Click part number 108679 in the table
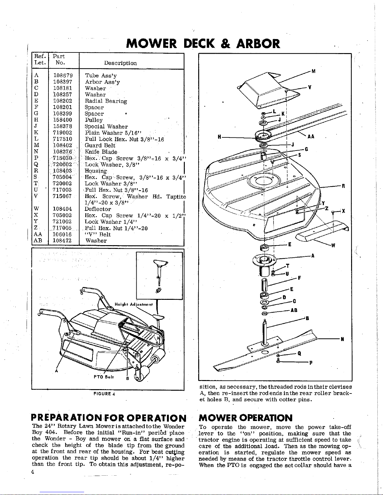point(63,76)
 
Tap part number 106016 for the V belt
point(63,234)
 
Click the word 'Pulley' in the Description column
point(94,120)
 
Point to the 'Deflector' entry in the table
point(98,209)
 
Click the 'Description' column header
point(120,63)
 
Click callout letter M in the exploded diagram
point(313,72)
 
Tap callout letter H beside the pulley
point(220,137)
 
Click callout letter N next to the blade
point(342,339)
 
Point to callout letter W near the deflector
point(333,245)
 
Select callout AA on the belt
point(311,137)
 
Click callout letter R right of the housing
point(343,186)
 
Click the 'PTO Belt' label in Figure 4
point(103,377)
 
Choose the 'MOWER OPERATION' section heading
point(246,418)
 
